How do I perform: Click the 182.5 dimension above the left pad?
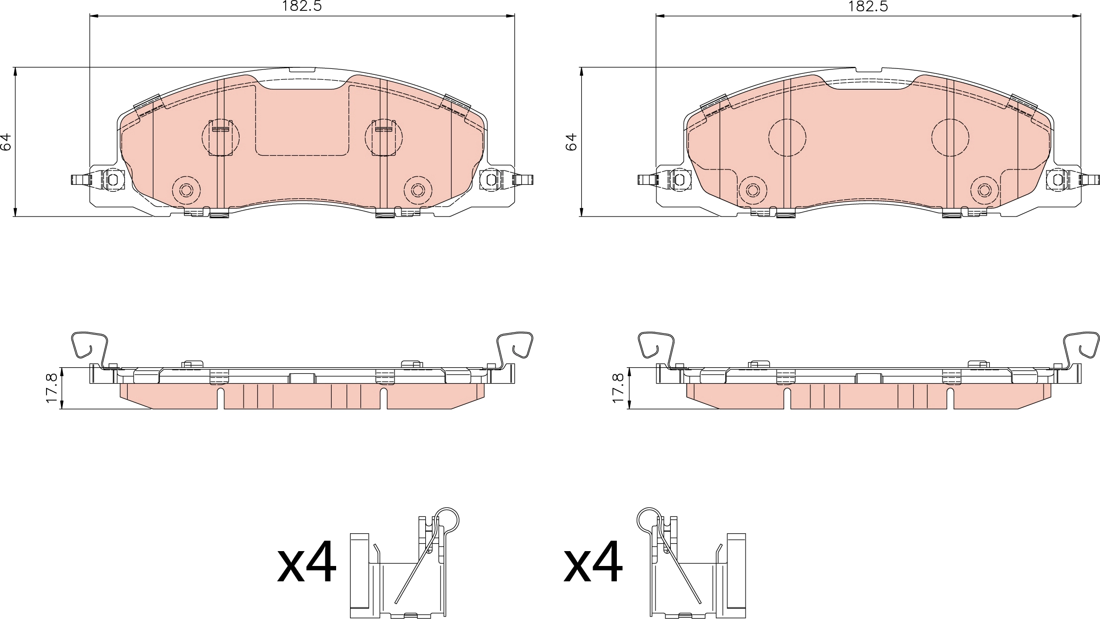(302, 6)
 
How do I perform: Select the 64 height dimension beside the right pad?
(572, 142)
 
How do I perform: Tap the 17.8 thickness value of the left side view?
(52, 388)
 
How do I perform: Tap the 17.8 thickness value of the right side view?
(619, 388)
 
